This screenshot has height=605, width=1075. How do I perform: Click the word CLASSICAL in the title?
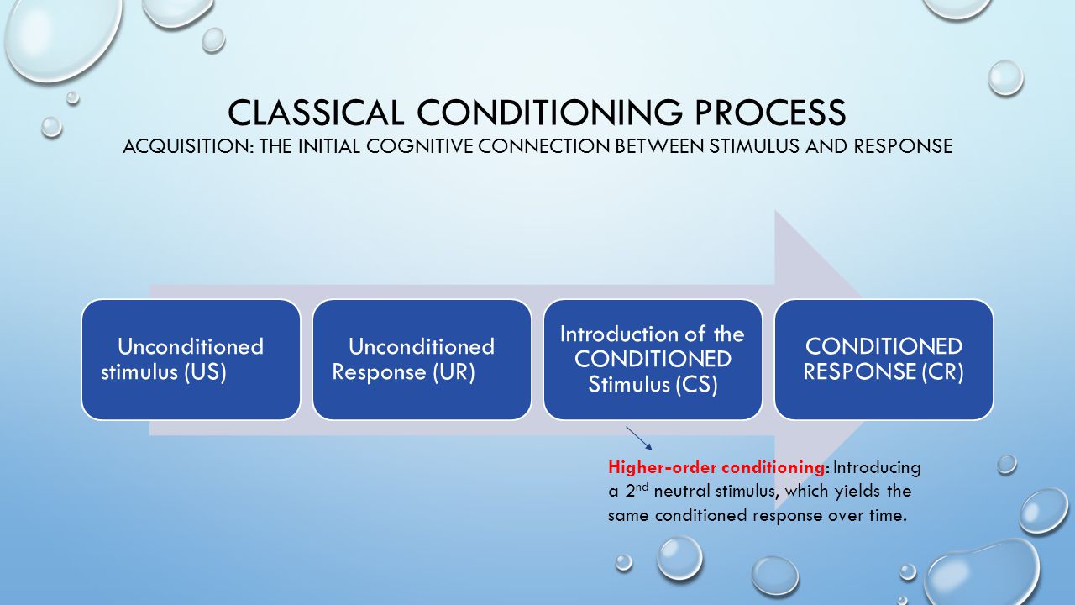[315, 113]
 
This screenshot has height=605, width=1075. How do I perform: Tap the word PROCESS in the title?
[770, 113]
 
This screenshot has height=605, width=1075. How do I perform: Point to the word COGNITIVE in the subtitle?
[420, 146]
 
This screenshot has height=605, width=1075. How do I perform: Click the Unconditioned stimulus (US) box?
[191, 360]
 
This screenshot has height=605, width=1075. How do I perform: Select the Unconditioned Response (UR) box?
[422, 360]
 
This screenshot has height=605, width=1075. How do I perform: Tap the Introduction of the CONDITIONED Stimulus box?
[653, 360]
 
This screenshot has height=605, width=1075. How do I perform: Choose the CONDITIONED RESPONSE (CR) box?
[884, 360]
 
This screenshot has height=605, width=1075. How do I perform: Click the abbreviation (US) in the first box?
[205, 372]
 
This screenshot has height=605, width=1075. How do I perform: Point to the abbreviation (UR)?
[454, 372]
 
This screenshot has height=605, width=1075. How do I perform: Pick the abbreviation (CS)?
[696, 385]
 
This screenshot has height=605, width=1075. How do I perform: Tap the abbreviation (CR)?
[942, 372]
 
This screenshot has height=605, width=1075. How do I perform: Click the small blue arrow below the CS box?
[639, 438]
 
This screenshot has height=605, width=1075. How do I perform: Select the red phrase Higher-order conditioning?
[716, 467]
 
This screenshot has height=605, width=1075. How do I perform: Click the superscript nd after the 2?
[642, 487]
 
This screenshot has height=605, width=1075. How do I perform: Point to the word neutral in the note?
[681, 492]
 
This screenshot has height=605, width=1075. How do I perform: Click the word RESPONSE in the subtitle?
[903, 146]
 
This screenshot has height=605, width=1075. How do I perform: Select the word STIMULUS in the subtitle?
[755, 146]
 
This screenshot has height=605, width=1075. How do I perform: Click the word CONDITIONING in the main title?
[549, 113]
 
